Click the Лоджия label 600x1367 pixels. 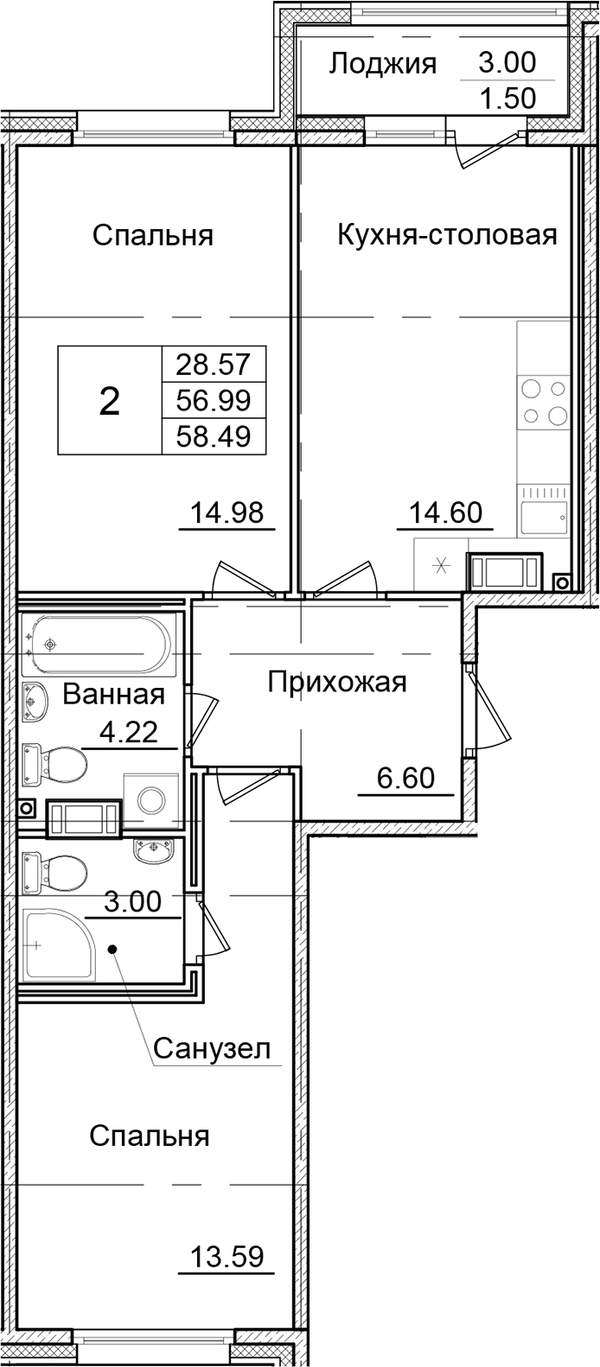tap(384, 63)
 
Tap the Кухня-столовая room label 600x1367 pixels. tap(446, 234)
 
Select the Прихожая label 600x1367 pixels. tap(336, 683)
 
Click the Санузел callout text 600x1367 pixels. tap(213, 1049)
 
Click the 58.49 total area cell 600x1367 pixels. tap(213, 436)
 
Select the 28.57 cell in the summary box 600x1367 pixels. tap(213, 364)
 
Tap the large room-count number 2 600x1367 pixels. tap(110, 400)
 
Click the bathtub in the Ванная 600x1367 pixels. tap(97, 644)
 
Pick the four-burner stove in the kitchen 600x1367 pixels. tap(544, 402)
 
